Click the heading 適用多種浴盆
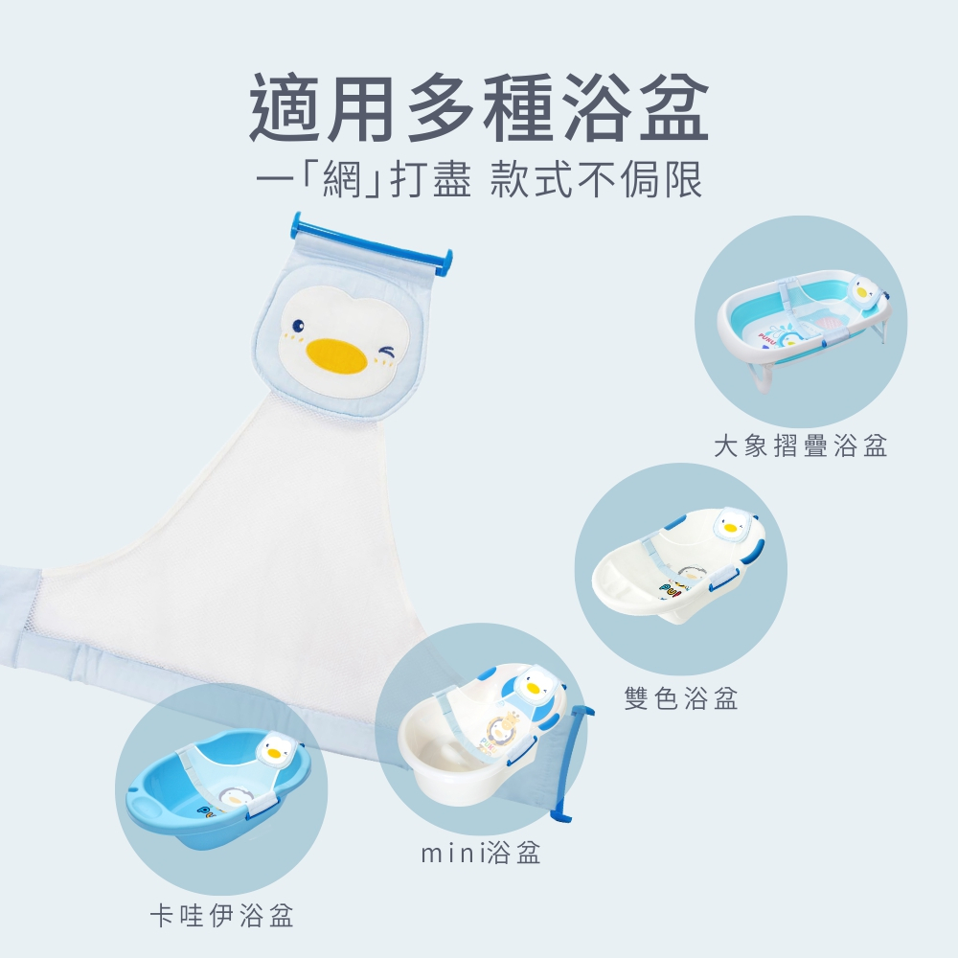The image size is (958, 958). [479, 108]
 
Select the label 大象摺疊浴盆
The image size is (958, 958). [800, 445]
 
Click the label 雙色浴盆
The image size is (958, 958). [681, 697]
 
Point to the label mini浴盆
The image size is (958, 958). [481, 853]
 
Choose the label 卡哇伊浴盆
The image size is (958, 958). [222, 915]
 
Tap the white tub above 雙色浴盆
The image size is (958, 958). [679, 565]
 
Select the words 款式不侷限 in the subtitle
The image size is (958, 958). [596, 180]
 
